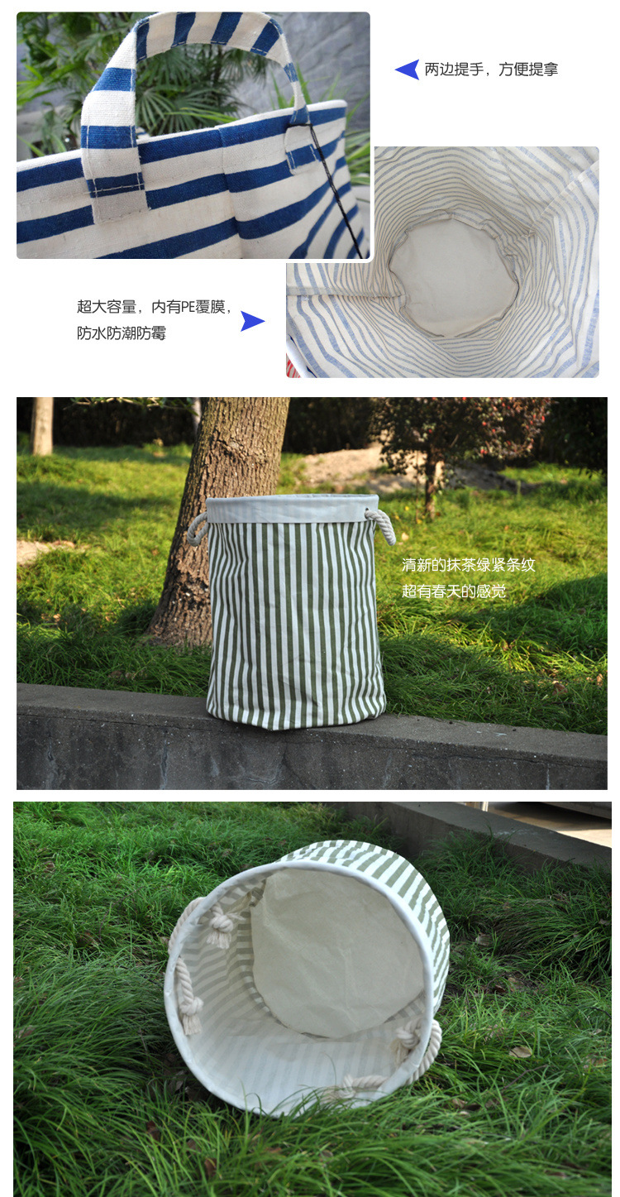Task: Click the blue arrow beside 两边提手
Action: pos(408,69)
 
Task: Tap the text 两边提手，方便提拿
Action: pos(491,69)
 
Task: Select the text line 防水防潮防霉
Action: pos(122,334)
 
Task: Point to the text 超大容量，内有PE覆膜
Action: pos(155,307)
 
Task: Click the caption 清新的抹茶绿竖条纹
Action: pos(468,565)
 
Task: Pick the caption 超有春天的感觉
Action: pos(454,591)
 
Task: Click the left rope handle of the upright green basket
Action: pos(198,527)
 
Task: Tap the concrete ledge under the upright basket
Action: pos(124,736)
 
